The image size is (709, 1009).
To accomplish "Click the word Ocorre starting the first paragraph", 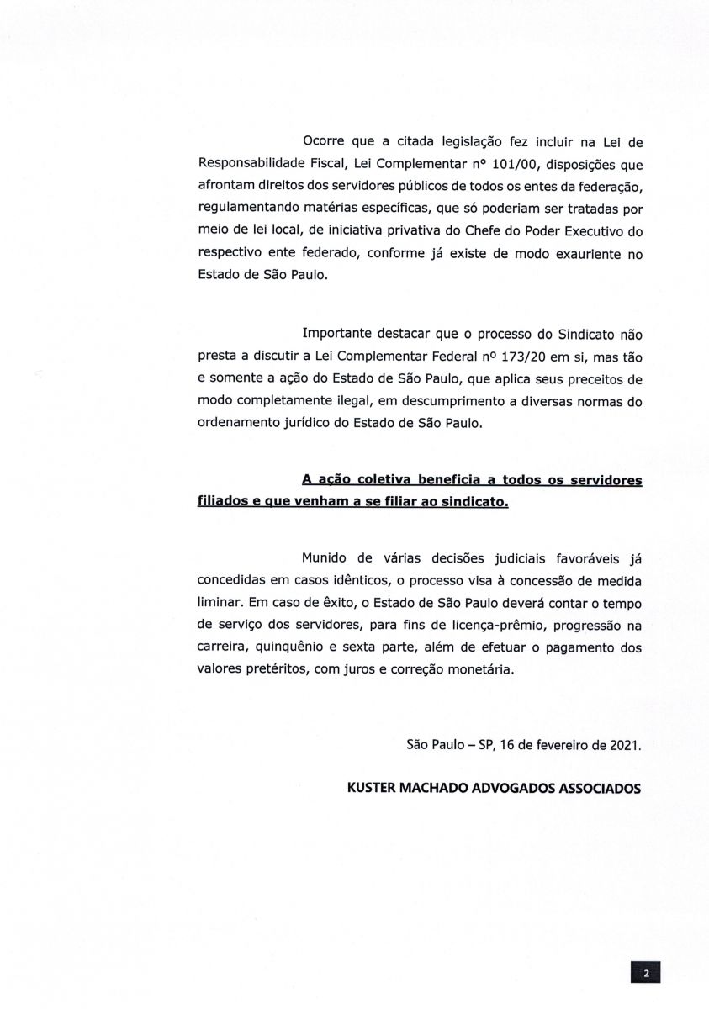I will [322, 142].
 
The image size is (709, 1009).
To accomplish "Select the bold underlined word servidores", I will [601, 480].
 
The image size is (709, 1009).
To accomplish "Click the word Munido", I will [324, 559].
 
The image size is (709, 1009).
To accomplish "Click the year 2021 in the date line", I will [624, 745].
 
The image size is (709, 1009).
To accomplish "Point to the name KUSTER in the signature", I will [373, 790].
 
